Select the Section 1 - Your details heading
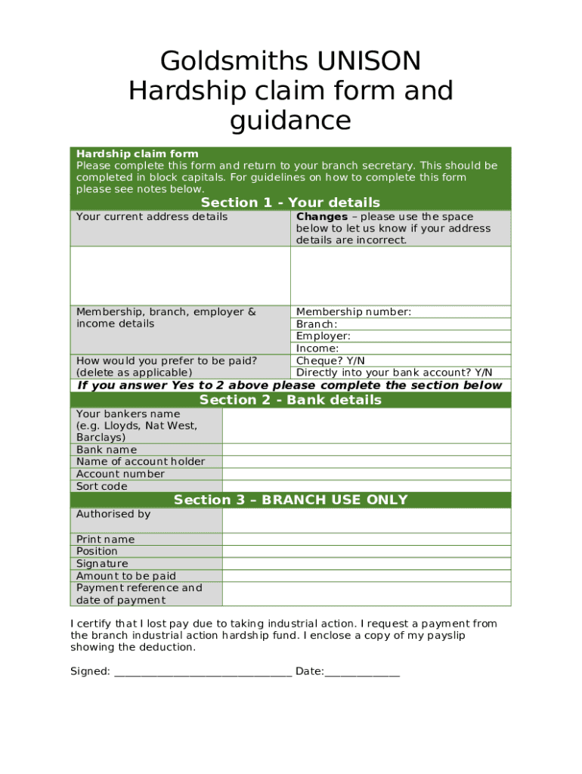point(290,203)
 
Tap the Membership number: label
point(354,311)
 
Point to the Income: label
point(317,348)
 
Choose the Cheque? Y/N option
point(330,361)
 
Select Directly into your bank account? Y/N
point(394,373)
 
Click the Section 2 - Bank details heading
point(290,400)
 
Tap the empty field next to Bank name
point(367,450)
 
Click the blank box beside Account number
point(367,474)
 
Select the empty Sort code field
point(367,486)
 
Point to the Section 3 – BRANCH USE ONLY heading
point(290,500)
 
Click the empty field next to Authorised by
point(367,520)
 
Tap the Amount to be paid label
point(125,576)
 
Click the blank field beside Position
point(367,551)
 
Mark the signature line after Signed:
point(203,672)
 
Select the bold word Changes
point(322,217)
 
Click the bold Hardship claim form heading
point(137,153)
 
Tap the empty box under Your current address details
point(180,275)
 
